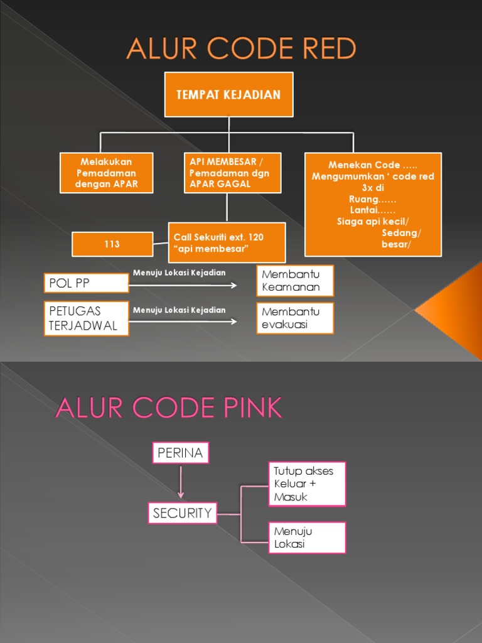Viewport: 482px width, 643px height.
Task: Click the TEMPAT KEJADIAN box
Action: [x=228, y=95]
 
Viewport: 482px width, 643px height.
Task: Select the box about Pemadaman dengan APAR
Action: [x=106, y=173]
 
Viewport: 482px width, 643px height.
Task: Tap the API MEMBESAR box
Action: [x=232, y=173]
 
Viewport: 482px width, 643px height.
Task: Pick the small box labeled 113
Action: [x=112, y=244]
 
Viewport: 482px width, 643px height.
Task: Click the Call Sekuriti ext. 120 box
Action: [x=227, y=242]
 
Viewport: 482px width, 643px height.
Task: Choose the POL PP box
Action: [x=87, y=283]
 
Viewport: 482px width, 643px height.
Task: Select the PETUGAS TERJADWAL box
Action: [x=87, y=318]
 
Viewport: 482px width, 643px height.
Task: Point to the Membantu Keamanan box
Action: [x=295, y=281]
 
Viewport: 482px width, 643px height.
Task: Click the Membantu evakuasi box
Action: [x=295, y=318]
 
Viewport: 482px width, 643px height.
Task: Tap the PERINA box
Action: [x=181, y=453]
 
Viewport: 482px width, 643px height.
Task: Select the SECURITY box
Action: [x=183, y=513]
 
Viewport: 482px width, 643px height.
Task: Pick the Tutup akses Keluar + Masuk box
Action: [x=307, y=484]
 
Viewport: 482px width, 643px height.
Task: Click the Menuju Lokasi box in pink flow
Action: [x=307, y=538]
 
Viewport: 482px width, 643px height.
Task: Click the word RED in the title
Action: [x=319, y=48]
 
